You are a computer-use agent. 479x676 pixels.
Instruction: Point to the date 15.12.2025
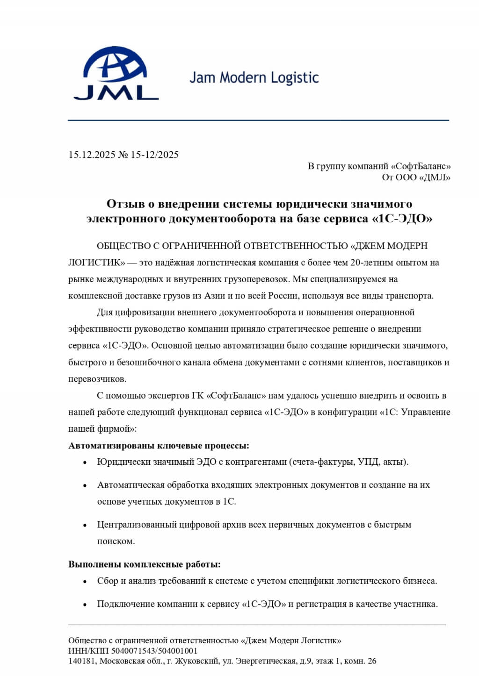click(92, 155)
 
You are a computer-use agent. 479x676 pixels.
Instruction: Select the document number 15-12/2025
click(154, 155)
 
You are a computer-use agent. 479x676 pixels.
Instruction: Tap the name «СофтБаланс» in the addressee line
click(421, 166)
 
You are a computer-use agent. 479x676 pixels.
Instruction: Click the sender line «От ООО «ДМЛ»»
click(416, 177)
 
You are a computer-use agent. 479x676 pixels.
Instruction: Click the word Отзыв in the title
click(123, 204)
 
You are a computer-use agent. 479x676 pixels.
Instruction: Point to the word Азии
click(215, 296)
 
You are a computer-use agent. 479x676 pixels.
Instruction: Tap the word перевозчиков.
click(97, 379)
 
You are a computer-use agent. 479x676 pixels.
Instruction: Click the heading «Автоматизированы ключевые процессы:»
click(159, 445)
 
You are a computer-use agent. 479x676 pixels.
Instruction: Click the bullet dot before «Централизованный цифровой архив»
click(85, 525)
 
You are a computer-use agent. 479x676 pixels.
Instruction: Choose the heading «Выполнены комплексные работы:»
click(145, 564)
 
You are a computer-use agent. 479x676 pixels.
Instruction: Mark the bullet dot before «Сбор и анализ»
click(85, 582)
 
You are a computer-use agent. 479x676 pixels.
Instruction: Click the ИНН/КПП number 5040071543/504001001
click(154, 651)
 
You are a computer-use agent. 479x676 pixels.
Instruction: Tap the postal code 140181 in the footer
click(82, 661)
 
